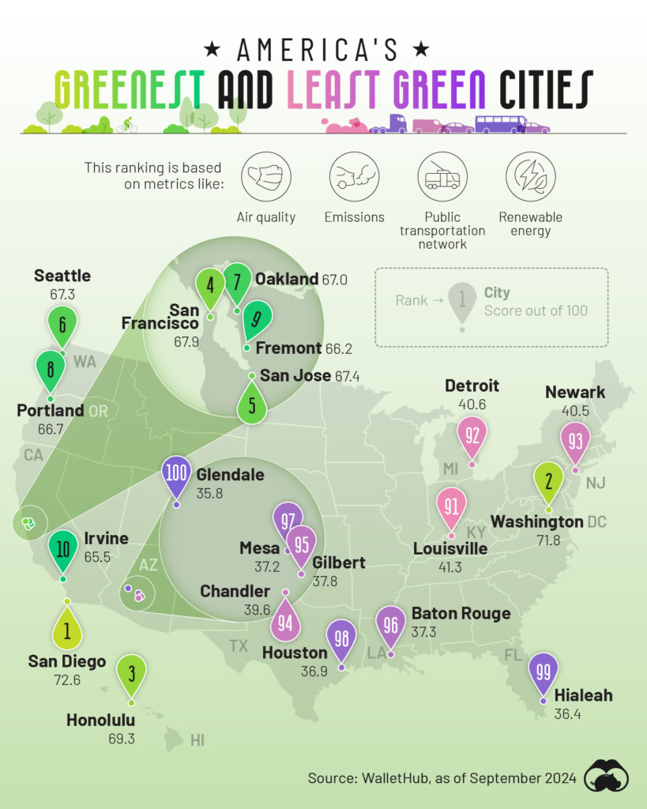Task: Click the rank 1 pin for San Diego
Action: point(67,631)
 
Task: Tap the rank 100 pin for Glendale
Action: point(176,475)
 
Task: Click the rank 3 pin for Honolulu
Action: point(132,673)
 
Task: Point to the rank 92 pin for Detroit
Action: point(473,435)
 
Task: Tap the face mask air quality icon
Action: point(265,176)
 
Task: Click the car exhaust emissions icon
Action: point(354,176)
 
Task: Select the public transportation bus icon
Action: point(442,176)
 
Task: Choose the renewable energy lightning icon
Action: point(530,176)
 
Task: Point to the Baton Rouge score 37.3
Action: point(424,632)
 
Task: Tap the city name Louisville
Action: point(450,548)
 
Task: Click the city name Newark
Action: point(575,392)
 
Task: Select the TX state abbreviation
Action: point(239,646)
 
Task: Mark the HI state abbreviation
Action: point(197,740)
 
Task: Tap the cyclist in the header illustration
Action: point(126,125)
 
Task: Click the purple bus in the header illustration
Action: point(499,123)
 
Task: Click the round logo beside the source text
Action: point(606,777)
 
